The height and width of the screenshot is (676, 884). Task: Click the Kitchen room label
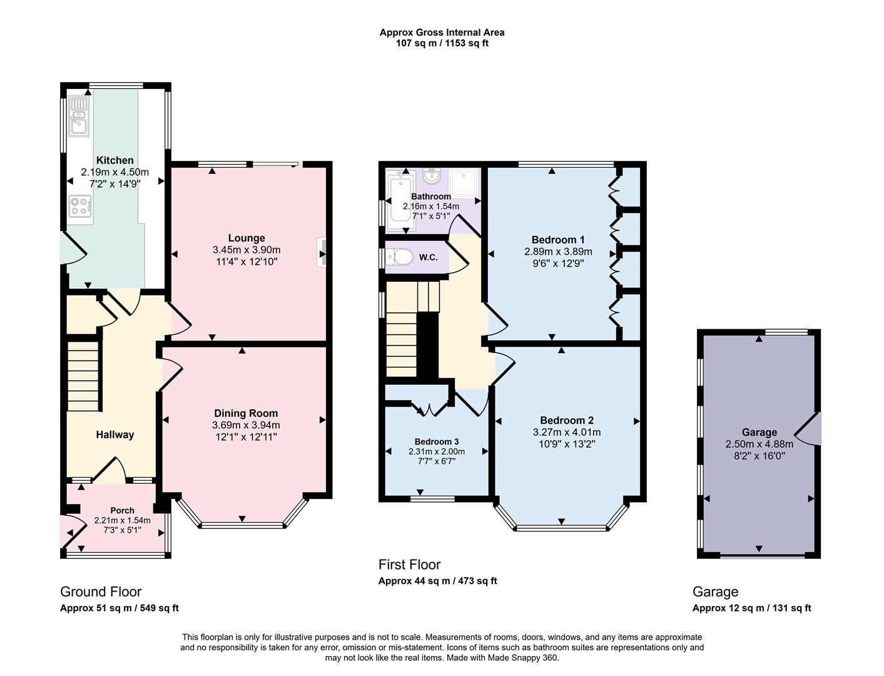pos(114,160)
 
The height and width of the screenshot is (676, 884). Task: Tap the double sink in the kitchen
pos(79,116)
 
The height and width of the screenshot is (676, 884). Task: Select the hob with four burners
pos(80,206)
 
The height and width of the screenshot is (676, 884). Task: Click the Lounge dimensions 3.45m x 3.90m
pos(246,250)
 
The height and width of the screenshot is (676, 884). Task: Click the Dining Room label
pos(246,413)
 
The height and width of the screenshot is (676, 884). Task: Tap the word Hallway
pos(114,434)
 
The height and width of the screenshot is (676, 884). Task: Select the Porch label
pos(122,510)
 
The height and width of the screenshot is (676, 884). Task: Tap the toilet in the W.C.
pos(399,257)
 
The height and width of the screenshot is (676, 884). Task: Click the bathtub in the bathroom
pos(398,200)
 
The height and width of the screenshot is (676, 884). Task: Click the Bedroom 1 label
pos(558,240)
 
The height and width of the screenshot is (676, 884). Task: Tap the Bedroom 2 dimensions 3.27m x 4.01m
pos(567,432)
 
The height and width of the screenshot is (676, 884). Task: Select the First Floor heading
pos(409,565)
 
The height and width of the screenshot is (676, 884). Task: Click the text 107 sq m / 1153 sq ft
pos(442,43)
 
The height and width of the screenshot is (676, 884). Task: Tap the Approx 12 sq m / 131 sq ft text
pos(751,608)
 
